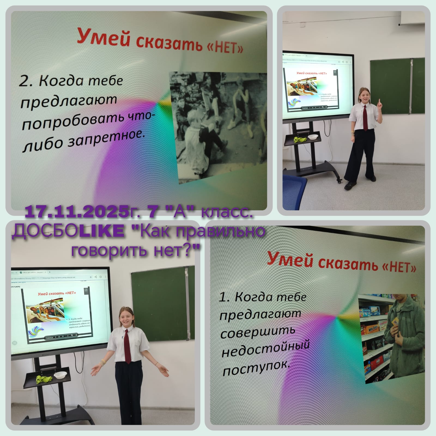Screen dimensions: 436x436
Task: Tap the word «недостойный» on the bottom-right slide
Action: click(x=265, y=349)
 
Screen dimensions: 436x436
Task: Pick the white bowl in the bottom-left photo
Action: click(x=59, y=376)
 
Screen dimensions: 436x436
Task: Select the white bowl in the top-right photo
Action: click(x=313, y=137)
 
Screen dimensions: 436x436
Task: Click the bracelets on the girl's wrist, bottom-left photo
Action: click(x=103, y=362)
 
